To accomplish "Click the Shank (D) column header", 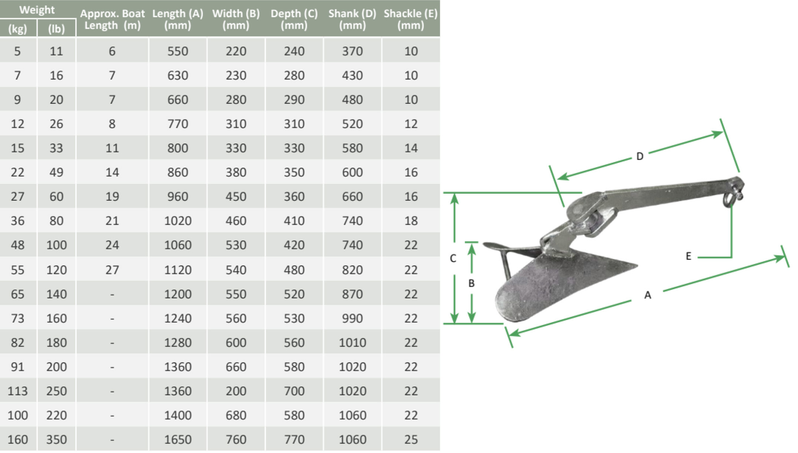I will click(352, 19).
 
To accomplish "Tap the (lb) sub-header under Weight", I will click(56, 29).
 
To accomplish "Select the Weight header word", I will click(37, 10).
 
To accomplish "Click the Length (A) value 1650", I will click(177, 439).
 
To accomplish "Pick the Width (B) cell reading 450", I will click(236, 196).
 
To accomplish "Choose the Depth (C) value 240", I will click(294, 51).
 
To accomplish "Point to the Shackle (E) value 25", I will click(411, 439).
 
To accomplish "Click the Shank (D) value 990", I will click(352, 318).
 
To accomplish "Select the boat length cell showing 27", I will click(112, 270).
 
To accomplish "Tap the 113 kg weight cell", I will click(17, 391).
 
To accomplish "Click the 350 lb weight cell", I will click(56, 439).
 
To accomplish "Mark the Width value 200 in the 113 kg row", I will click(236, 391).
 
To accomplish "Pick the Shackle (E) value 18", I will click(411, 221).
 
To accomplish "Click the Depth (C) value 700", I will click(294, 391).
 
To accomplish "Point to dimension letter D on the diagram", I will click(640, 156).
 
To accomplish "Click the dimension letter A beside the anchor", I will click(647, 295).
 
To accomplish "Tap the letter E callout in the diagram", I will click(689, 256).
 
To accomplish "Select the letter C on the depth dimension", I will click(453, 258).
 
